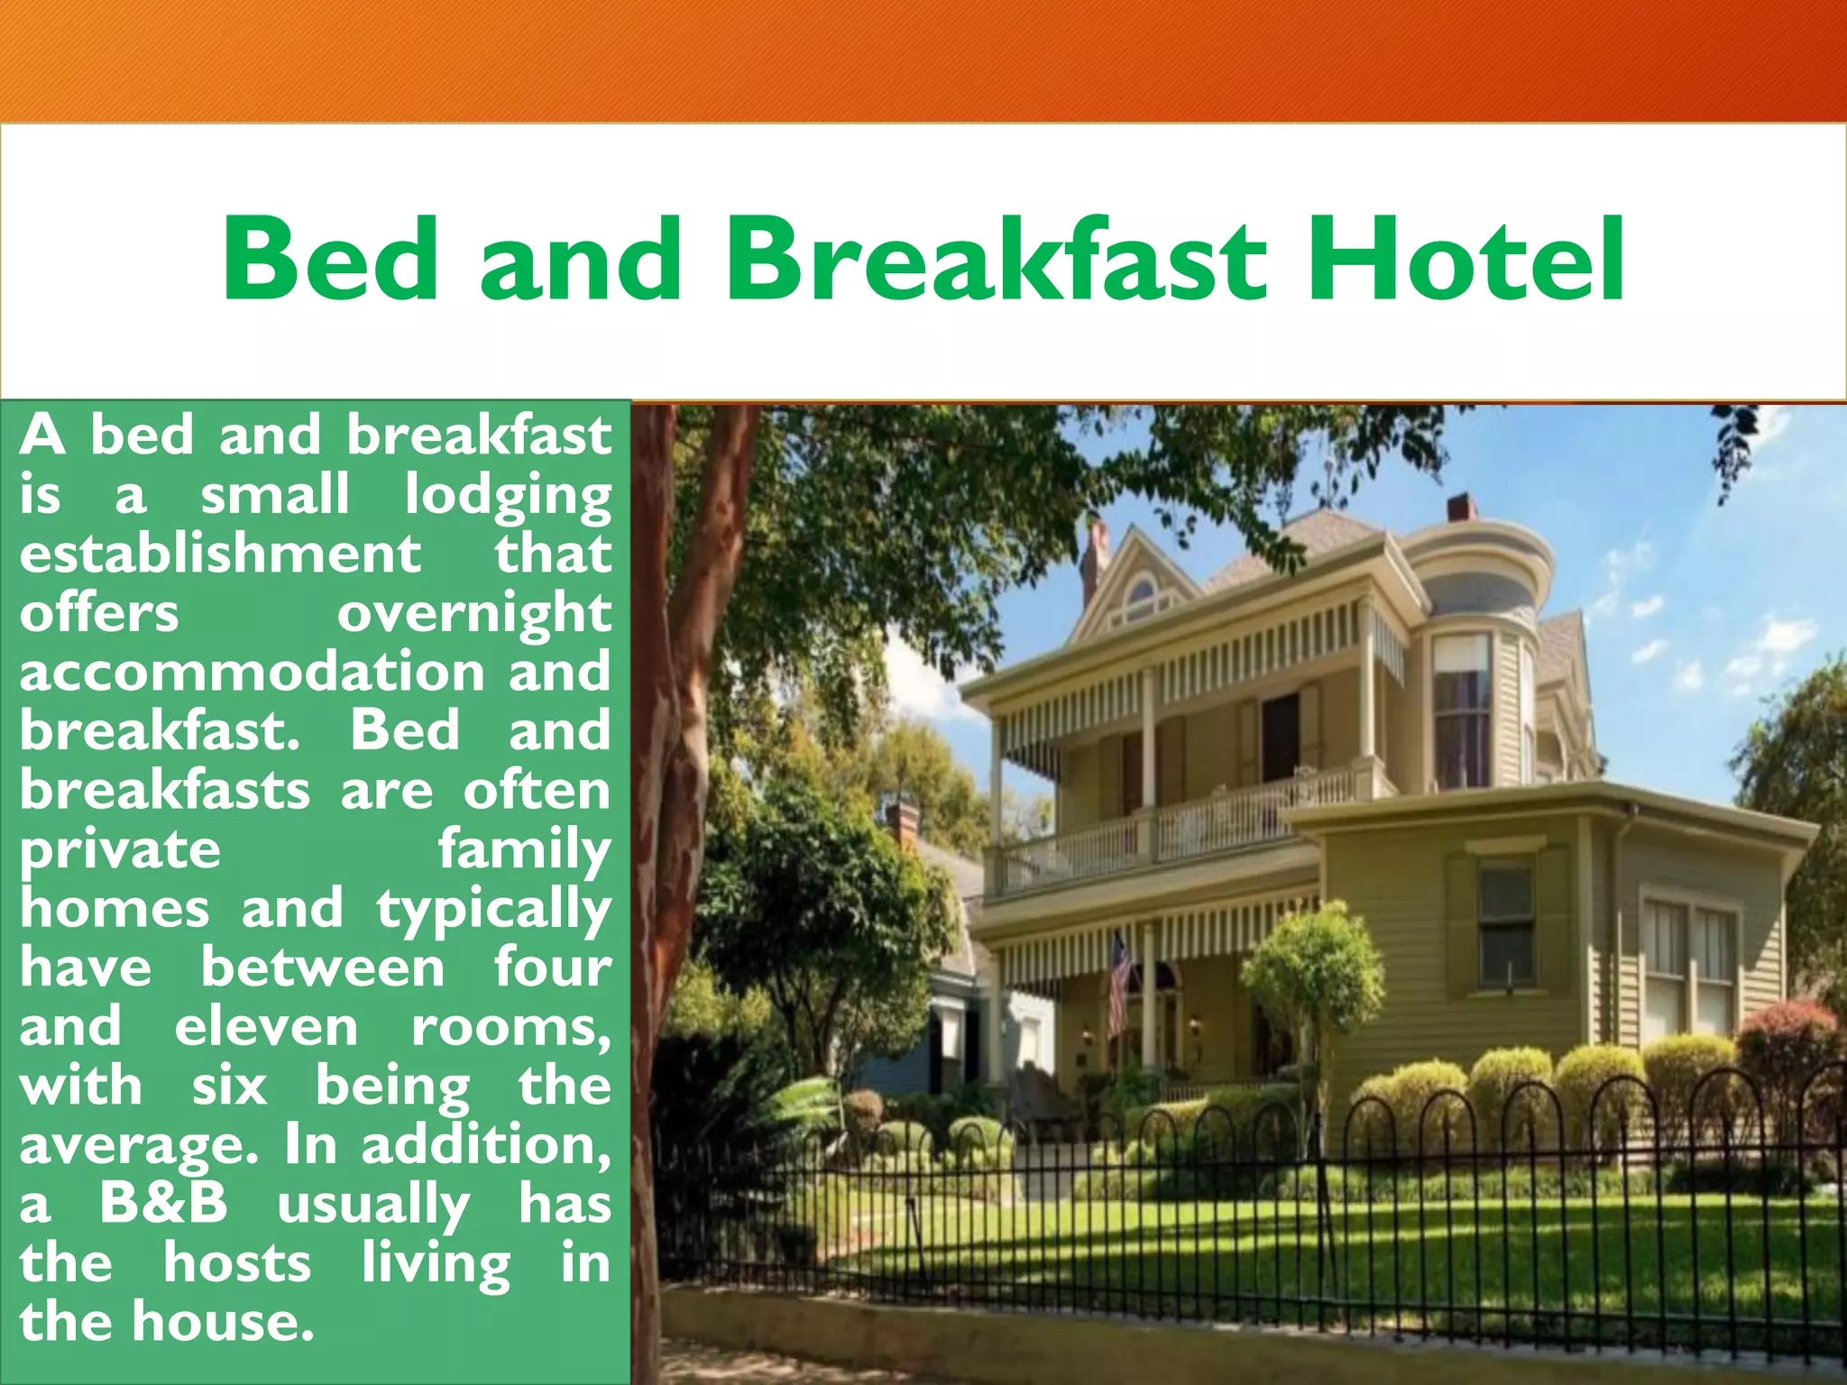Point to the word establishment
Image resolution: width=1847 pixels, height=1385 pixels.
[220, 553]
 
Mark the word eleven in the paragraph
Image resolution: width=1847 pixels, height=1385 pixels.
[266, 1027]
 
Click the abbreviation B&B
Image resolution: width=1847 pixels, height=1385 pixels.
[163, 1204]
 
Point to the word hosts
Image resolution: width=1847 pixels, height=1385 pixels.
[237, 1263]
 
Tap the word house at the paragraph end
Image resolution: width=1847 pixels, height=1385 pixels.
[223, 1322]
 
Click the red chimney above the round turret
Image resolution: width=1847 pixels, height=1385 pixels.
[1462, 508]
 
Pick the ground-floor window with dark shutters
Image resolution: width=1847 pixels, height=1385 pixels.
[1505, 924]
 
